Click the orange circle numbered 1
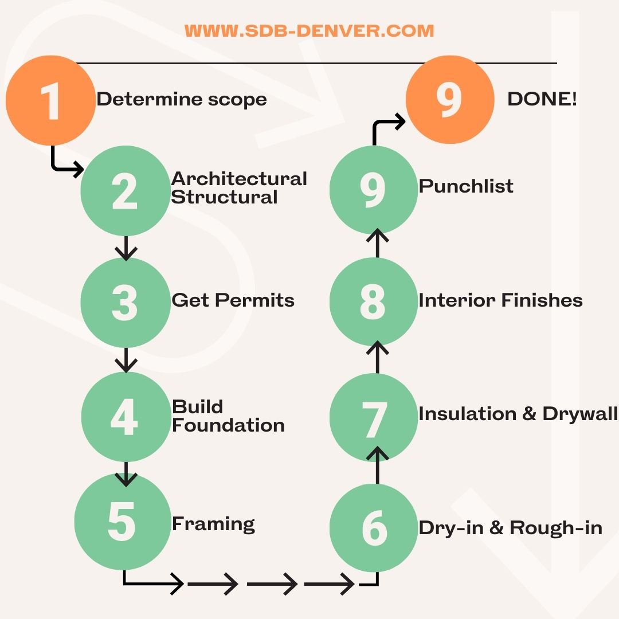point(50,100)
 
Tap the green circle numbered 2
point(126,191)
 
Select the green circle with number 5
point(123,522)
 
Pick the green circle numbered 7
point(374,417)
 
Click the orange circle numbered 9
point(450,100)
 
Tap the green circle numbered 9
point(374,190)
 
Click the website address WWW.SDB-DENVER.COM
point(309,31)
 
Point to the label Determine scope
point(182,100)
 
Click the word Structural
point(224,197)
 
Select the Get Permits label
point(233,300)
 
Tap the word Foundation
point(228,425)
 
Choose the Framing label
point(213,524)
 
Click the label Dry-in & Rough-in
point(511,528)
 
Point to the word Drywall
point(580,414)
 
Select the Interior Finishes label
point(500,300)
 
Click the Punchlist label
point(466,186)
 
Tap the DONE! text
point(542,99)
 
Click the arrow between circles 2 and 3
point(126,248)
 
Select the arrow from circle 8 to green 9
point(377,243)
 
